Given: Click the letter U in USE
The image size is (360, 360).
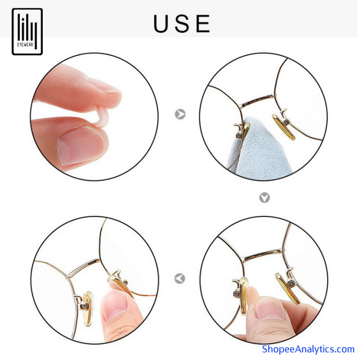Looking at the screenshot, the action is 161,23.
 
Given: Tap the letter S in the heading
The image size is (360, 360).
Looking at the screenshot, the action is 182,23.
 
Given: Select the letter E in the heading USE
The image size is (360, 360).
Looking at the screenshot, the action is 203,23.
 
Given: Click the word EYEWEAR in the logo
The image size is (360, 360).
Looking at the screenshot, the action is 25,45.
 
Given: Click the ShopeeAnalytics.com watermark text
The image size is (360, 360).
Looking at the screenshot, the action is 308,349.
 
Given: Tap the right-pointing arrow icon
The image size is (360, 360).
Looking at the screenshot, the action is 180,114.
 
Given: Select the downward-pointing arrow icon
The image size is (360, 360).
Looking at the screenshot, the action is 265,197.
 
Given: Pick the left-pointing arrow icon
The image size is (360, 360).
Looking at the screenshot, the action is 180,279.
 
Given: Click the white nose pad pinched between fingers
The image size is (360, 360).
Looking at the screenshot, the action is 101,117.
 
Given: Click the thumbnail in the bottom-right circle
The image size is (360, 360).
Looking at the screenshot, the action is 270,309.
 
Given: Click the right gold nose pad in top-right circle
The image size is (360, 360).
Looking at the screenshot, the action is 283,127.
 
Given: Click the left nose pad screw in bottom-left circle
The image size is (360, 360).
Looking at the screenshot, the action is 85,306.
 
